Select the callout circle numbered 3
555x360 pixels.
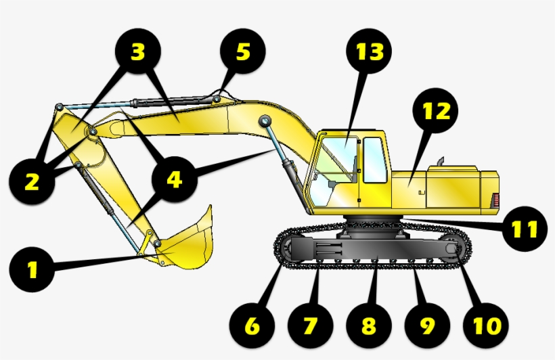138,51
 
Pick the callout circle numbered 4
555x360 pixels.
175,179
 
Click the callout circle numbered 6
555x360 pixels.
251,325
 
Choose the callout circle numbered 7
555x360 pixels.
309,325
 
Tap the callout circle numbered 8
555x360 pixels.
368,325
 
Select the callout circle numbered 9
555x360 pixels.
426,325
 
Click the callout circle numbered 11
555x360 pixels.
524,229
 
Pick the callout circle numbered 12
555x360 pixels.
436,110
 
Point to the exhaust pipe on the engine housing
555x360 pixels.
439,163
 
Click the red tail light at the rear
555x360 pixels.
494,201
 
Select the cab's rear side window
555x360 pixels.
373,160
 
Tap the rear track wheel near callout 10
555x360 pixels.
451,252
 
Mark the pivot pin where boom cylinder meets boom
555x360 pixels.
264,121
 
